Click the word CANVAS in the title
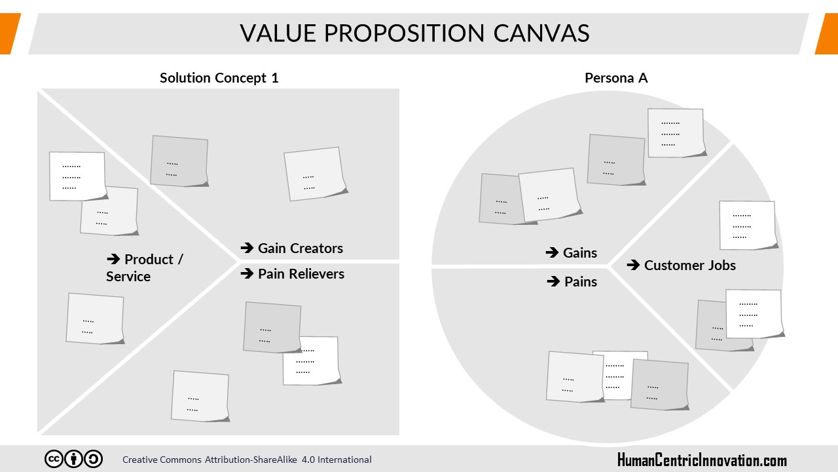(x=541, y=33)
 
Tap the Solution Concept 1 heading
(x=219, y=78)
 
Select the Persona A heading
(x=616, y=78)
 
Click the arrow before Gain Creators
(x=247, y=248)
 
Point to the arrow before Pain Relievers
(x=247, y=273)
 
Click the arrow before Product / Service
(x=113, y=259)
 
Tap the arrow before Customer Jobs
(x=633, y=265)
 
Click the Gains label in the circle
(x=580, y=253)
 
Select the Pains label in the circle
(x=581, y=282)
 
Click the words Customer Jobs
(x=690, y=265)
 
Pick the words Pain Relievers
(x=301, y=274)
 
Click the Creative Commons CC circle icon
(x=54, y=459)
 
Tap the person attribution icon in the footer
(x=74, y=459)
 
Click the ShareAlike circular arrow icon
(x=93, y=459)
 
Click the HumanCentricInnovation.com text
(x=702, y=460)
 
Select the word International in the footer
(x=344, y=460)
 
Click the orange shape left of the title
(x=10, y=33)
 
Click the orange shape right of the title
(x=827, y=33)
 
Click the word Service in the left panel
(x=128, y=277)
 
